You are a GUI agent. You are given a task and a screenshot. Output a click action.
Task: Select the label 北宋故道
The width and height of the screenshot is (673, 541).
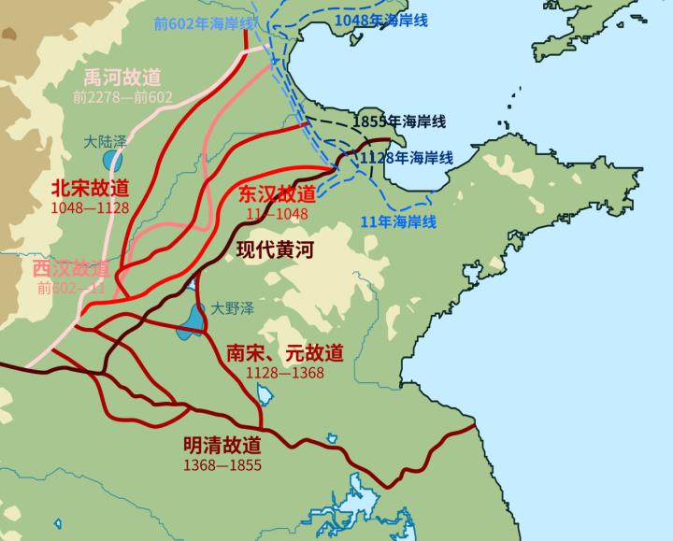91,187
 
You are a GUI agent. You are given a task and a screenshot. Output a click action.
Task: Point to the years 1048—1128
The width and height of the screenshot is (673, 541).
92,207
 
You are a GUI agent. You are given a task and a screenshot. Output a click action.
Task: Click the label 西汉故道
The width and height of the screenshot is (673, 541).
71,269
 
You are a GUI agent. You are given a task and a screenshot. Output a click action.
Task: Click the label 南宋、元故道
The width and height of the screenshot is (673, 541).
285,353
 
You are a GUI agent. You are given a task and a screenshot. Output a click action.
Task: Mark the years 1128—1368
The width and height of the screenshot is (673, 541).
285,373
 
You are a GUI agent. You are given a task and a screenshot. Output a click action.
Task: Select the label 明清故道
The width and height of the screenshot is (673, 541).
222,445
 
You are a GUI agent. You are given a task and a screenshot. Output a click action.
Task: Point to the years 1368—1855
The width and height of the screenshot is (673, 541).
222,464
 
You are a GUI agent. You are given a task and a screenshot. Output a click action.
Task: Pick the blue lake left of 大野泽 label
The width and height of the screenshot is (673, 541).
194,319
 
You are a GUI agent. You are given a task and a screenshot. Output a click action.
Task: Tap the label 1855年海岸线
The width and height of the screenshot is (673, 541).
400,121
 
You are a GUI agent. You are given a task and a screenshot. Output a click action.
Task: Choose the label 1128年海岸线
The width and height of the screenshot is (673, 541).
407,158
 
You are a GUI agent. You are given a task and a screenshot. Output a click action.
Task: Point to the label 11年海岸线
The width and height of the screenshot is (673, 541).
398,221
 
